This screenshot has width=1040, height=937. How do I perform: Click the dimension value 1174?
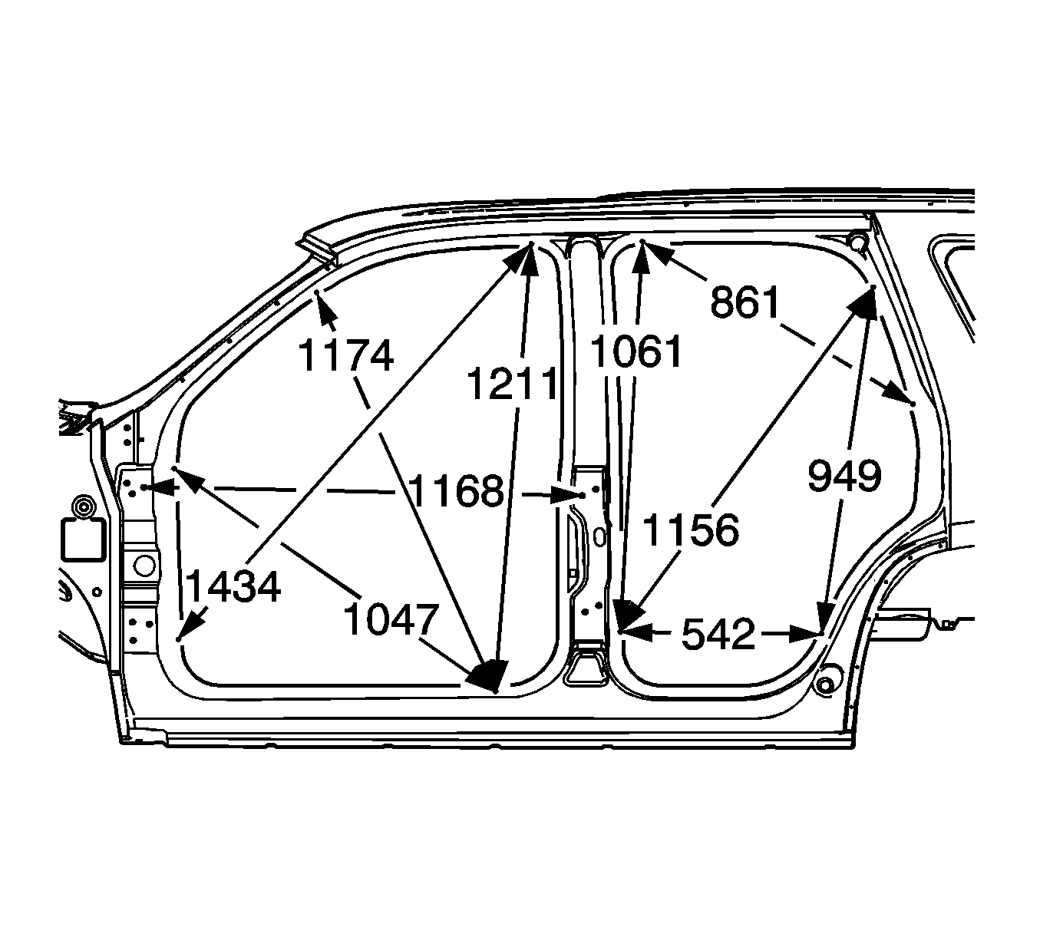(x=346, y=355)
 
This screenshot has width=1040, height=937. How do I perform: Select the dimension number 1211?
(x=512, y=384)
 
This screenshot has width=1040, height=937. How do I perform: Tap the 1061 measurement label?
(x=636, y=351)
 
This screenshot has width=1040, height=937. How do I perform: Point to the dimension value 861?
(x=745, y=302)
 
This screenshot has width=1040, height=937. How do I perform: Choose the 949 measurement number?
(x=844, y=476)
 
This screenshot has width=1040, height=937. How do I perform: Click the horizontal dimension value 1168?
(x=456, y=490)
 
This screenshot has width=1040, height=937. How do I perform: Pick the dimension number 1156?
(x=691, y=530)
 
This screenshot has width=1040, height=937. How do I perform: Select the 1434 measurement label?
(x=233, y=586)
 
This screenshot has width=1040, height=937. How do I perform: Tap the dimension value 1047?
(x=391, y=619)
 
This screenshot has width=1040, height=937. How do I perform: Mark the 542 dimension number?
(x=718, y=634)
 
